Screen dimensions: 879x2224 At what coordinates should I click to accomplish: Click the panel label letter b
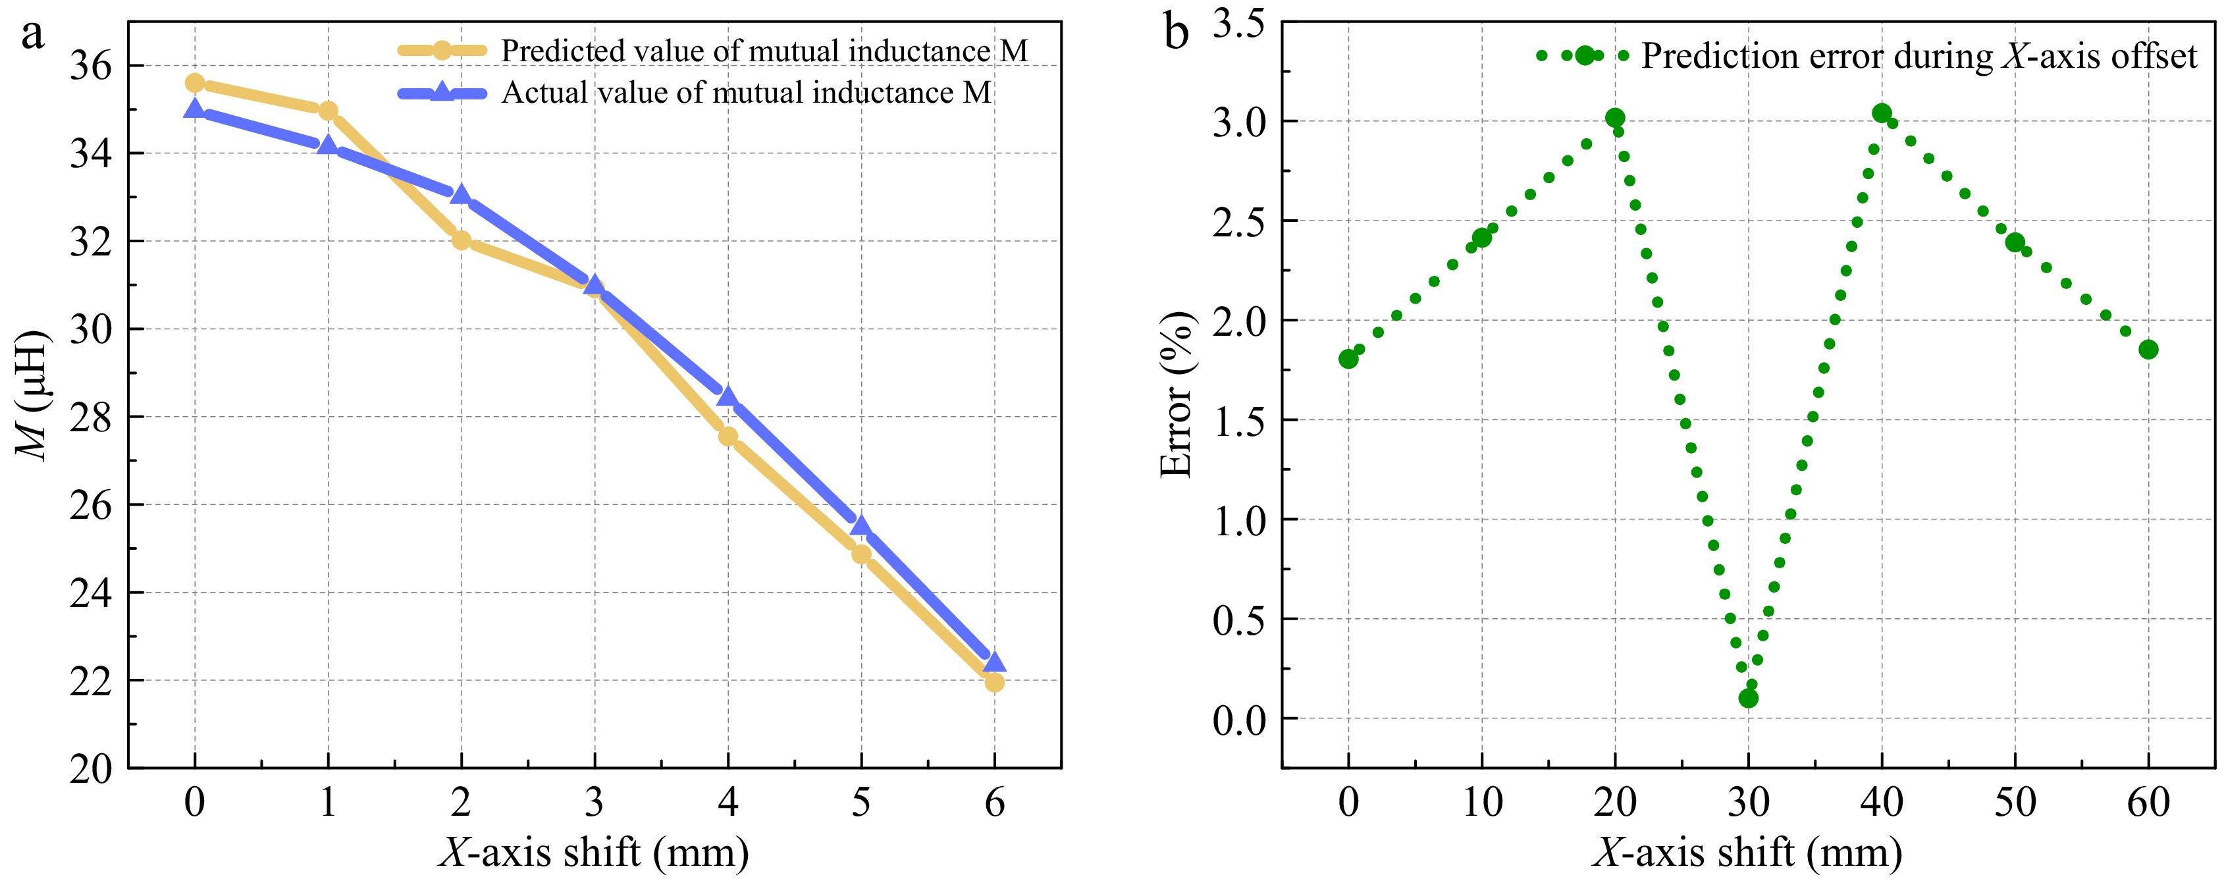(x=1176, y=34)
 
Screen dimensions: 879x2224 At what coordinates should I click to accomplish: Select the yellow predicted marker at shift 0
(x=195, y=83)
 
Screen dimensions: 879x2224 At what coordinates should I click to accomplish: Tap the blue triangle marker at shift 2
(x=461, y=194)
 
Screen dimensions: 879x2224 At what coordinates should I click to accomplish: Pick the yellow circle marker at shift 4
(x=728, y=436)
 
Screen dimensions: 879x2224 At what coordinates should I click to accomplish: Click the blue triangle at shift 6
(x=995, y=662)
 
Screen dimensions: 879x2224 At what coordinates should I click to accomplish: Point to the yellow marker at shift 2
(x=461, y=240)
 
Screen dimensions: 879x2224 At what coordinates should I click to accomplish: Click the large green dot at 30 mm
(x=1748, y=698)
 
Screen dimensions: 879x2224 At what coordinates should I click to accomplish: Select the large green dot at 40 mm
(x=1882, y=113)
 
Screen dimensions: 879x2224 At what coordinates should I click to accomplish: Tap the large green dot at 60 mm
(x=2149, y=349)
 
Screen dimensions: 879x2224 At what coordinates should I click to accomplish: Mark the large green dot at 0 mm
(x=1348, y=358)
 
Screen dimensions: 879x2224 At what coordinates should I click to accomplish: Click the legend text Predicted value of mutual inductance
(x=764, y=51)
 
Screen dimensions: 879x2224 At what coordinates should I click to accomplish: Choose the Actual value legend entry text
(x=746, y=92)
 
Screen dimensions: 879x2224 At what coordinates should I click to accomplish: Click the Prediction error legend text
(x=1919, y=56)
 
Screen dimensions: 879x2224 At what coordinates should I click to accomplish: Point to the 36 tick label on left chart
(x=92, y=67)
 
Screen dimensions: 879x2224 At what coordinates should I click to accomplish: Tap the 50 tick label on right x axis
(x=2015, y=803)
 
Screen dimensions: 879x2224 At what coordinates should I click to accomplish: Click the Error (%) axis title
(x=1176, y=394)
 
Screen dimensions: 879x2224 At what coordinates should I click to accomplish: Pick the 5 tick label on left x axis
(x=860, y=803)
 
